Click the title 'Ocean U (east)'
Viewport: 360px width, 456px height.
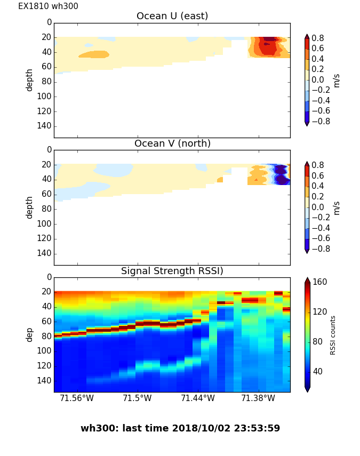coord(172,17)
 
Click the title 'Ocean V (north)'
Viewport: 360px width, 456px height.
coord(172,144)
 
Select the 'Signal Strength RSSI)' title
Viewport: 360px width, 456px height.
coord(172,271)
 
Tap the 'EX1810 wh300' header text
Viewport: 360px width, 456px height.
coord(48,6)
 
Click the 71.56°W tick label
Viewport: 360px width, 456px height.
coord(77,398)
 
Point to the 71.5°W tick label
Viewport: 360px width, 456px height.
coord(138,398)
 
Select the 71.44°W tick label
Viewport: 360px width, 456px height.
coord(198,398)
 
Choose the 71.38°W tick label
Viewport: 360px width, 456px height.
coord(258,398)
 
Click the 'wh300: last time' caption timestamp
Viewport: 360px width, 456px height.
coord(180,428)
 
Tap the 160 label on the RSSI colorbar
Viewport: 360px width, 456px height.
coord(320,282)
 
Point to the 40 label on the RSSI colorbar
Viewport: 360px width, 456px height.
coord(318,371)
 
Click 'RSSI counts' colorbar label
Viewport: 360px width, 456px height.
coord(333,334)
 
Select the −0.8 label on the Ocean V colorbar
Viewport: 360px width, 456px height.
coord(319,249)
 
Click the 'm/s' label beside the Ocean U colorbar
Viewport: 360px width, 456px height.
coord(337,80)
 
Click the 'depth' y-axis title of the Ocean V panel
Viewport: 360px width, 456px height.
coord(30,207)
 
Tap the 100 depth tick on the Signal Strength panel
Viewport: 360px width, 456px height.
coord(45,351)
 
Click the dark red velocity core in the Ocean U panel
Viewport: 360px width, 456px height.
coord(271,39)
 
